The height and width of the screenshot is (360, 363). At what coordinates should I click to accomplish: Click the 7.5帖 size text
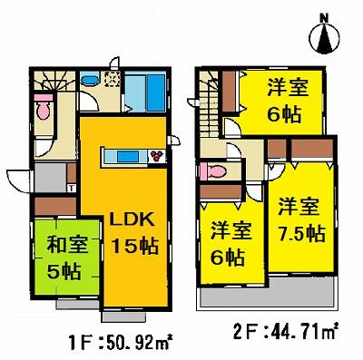point(300,233)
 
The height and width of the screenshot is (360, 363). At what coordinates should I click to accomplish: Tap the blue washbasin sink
point(90,83)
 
